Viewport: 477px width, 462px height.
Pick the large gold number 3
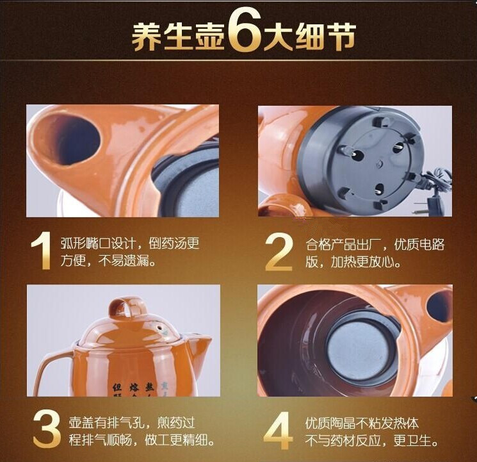[46, 431]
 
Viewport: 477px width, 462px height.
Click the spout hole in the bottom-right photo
[439, 306]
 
